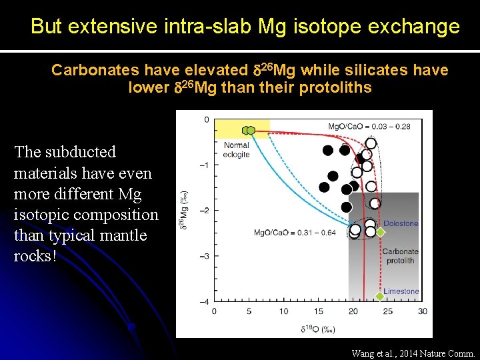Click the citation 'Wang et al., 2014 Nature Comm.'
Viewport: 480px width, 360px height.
[413, 353]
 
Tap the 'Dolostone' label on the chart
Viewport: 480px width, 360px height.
[401, 223]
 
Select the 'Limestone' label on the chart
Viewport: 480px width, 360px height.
[401, 291]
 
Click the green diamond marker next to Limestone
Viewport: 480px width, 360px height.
[379, 295]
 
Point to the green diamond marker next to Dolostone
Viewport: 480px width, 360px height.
[380, 232]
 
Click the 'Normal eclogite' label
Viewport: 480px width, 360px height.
[237, 149]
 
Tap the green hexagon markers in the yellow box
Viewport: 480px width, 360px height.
[249, 130]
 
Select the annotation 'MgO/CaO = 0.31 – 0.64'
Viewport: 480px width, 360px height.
[294, 233]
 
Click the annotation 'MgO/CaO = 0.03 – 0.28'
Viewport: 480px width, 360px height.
[369, 127]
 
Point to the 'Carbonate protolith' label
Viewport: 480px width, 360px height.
[400, 256]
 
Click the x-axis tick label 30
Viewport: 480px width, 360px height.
[422, 311]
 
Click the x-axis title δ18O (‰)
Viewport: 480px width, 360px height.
[317, 329]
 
